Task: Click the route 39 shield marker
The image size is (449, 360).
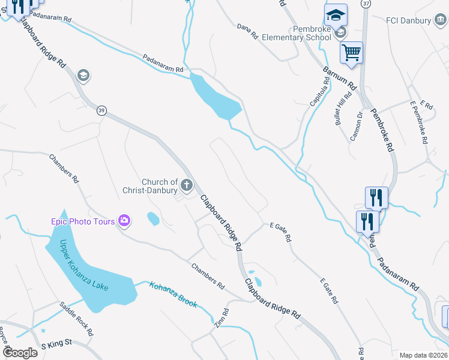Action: pyautogui.click(x=102, y=110)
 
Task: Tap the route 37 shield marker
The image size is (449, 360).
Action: pyautogui.click(x=366, y=4)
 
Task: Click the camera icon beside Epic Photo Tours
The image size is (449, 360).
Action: pyautogui.click(x=124, y=221)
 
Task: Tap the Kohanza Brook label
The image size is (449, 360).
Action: pyautogui.click(x=173, y=295)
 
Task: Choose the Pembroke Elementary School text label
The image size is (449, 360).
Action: pyautogui.click(x=312, y=33)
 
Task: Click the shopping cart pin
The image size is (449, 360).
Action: pyautogui.click(x=351, y=52)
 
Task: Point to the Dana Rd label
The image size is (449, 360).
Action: pyautogui.click(x=247, y=32)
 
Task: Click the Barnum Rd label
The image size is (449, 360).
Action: pyautogui.click(x=340, y=77)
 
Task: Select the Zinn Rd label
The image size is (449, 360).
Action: pyautogui.click(x=221, y=317)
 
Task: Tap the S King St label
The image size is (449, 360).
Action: pyautogui.click(x=56, y=345)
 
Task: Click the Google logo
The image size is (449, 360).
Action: pyautogui.click(x=20, y=352)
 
